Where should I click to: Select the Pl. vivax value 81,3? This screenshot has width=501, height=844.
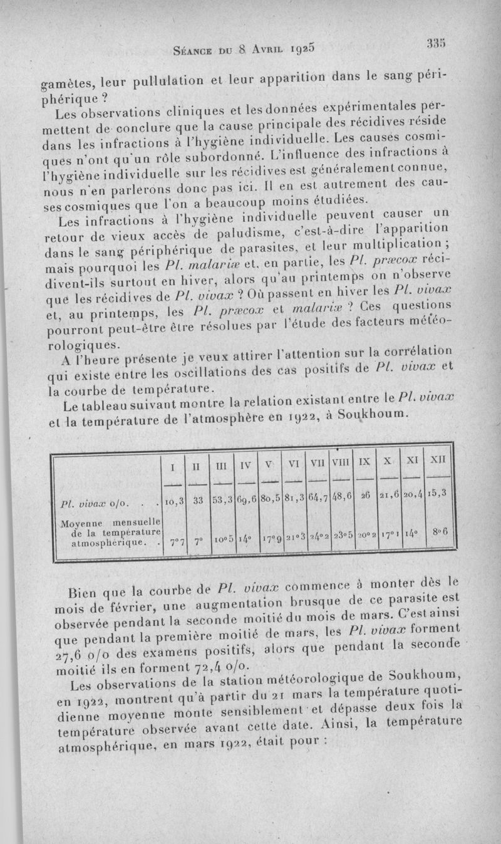pos(292,497)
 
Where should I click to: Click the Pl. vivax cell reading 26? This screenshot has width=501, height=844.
pos(365,495)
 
